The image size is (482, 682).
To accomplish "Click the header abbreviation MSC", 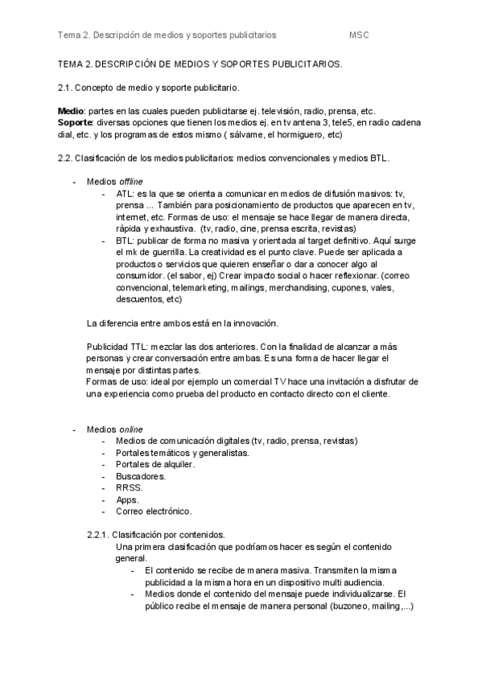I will pos(359,35).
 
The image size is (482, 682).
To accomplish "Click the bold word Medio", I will pos(71,110).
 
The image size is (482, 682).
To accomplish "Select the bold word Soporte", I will pos(76,122).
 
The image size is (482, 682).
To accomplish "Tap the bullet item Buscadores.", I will pos(141,476).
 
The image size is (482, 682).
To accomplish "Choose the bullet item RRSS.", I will pos(130,487).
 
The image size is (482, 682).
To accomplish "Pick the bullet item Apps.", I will pos(128,499).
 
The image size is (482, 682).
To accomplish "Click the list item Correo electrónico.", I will pos(154,511).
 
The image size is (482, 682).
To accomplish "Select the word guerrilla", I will pos(164,253).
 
